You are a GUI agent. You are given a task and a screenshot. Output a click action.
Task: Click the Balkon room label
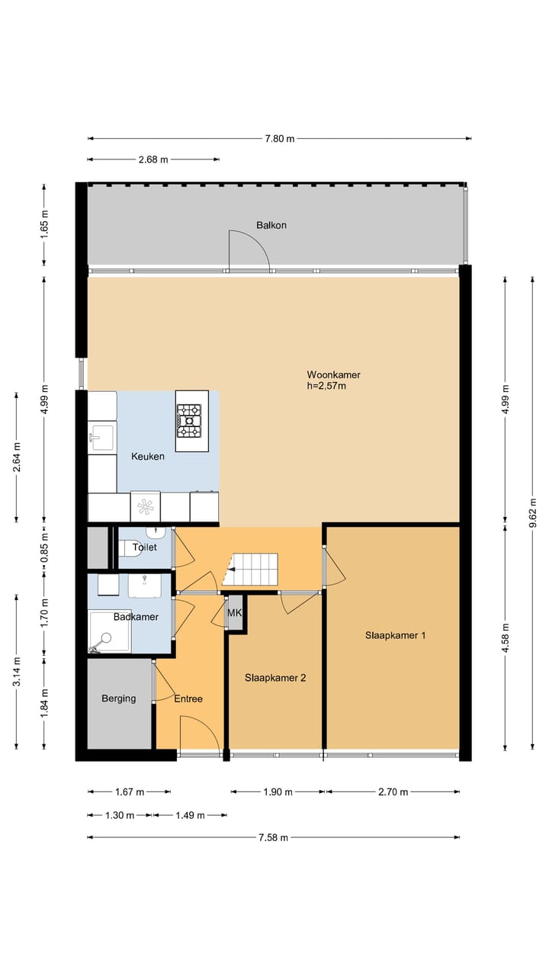click(271, 225)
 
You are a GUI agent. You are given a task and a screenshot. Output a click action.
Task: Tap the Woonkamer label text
click(334, 374)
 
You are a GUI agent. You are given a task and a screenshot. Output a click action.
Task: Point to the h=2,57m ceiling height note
click(326, 386)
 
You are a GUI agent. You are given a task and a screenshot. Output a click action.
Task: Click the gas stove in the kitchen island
click(189, 421)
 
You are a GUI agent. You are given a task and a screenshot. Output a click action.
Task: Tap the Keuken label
click(148, 456)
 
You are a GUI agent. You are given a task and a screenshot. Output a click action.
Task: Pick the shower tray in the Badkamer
click(109, 631)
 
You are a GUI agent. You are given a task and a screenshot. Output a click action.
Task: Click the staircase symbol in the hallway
click(250, 569)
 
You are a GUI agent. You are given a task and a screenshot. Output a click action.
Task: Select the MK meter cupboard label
click(234, 612)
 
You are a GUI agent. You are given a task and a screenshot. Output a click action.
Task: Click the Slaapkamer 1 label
click(395, 635)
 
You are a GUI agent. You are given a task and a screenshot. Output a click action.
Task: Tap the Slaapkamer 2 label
click(275, 678)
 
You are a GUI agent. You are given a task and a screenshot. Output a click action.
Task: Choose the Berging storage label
click(118, 698)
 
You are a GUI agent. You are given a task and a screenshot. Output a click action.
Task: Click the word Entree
click(188, 699)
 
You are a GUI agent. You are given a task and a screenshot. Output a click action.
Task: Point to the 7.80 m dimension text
click(280, 139)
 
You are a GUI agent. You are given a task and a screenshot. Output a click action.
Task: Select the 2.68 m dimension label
click(153, 159)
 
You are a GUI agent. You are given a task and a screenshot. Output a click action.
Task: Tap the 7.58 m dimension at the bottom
click(273, 837)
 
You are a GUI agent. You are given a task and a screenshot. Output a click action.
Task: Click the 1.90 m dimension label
click(278, 791)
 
